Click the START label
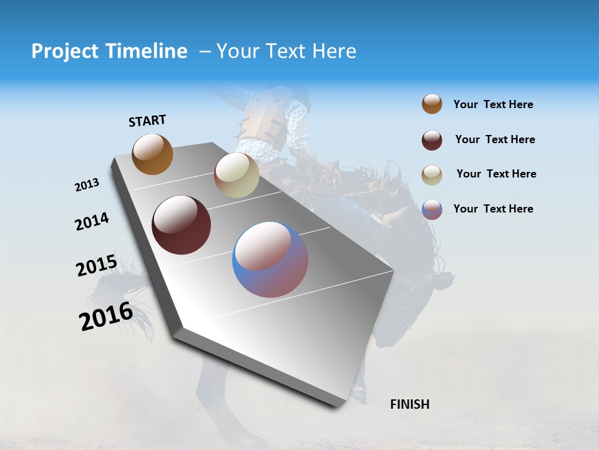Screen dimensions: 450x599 147,121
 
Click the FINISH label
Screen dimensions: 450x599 409,404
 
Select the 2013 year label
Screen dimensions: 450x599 87,185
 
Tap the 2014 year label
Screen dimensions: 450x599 92,222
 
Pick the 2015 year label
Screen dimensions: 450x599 96,266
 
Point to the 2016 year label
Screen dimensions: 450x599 105,316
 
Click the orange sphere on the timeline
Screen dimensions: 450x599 152,154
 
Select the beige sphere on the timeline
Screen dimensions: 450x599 236,175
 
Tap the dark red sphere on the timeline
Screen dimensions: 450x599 181,225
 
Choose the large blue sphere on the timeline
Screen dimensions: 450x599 270,259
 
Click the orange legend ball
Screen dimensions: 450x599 432,104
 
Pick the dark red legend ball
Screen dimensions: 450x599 432,140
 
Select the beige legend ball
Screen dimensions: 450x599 432,175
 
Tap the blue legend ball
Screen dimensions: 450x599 432,209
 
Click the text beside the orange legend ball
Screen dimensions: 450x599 493,104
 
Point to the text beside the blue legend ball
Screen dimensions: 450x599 493,209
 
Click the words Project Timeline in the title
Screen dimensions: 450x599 109,51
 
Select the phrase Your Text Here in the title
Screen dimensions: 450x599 286,51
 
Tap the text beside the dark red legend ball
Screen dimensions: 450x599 495,139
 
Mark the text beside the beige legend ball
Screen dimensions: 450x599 496,174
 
